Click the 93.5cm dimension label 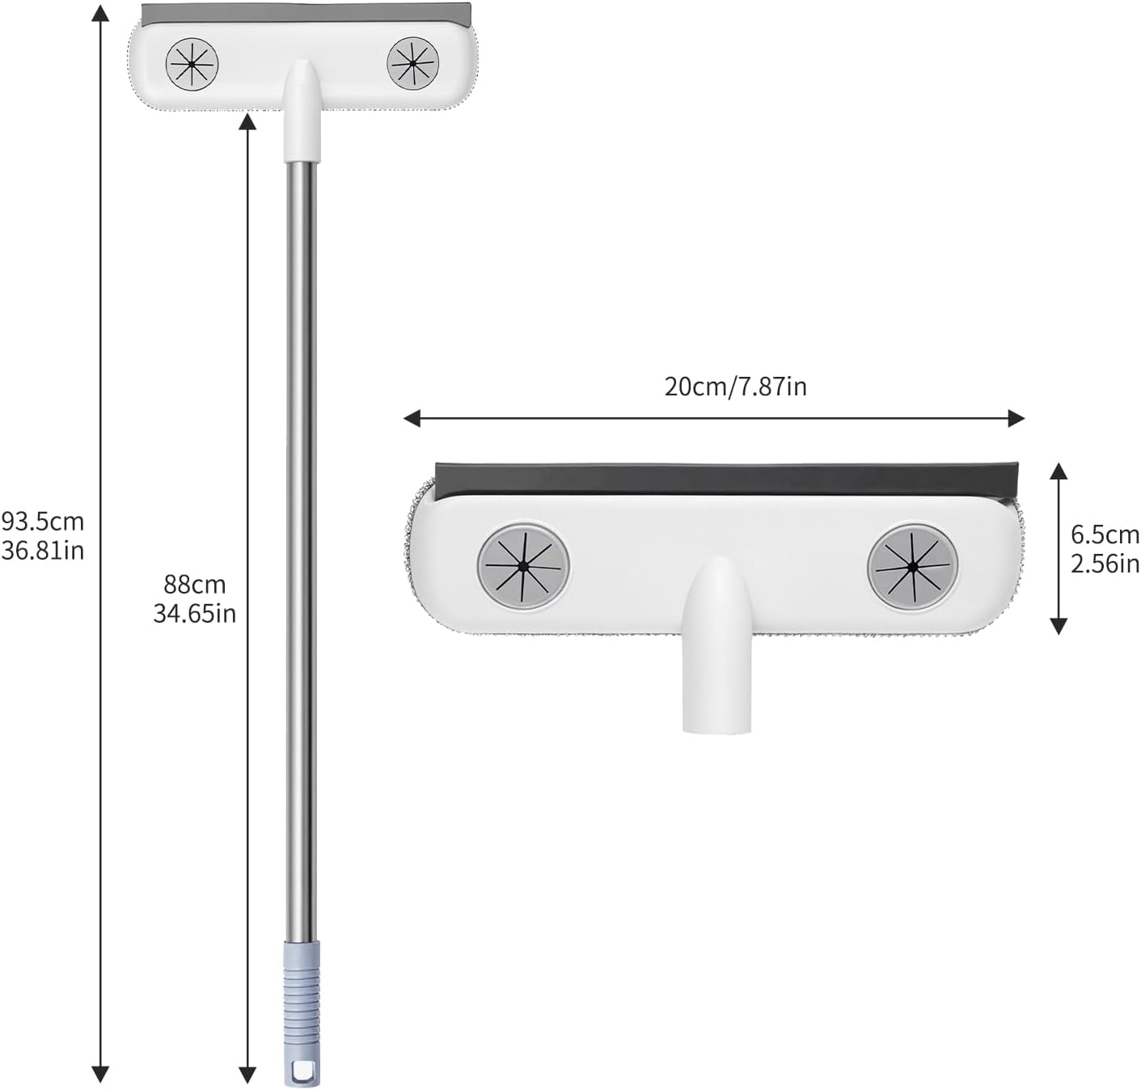coord(43,522)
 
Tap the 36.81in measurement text coord(43,551)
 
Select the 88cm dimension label coord(195,585)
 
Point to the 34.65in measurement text coord(195,614)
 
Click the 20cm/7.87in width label coord(735,387)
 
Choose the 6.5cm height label coord(1105,534)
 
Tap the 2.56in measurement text coord(1105,564)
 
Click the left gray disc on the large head coord(523,567)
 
